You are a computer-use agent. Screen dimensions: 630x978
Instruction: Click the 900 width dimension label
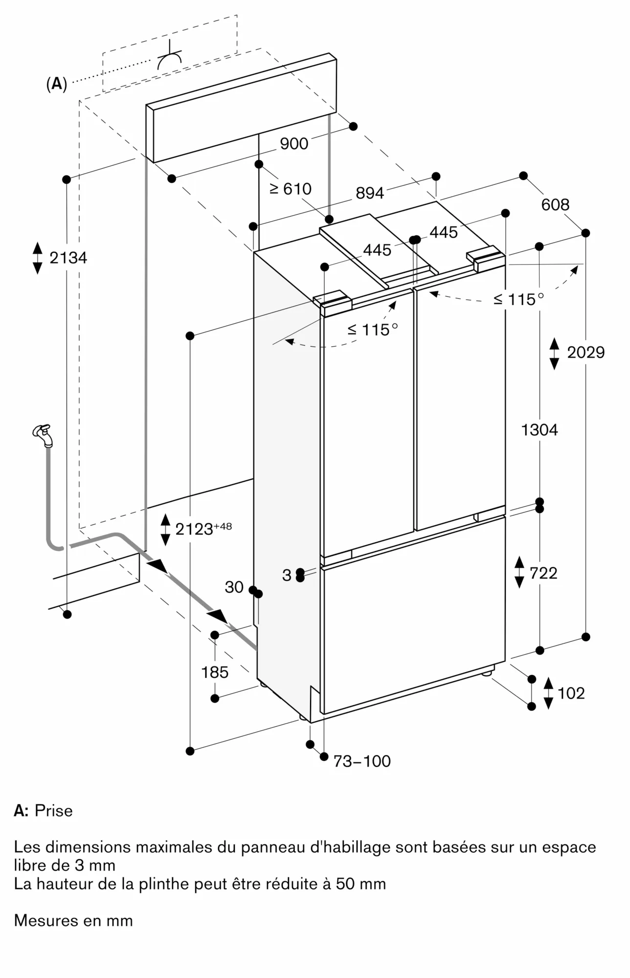[x=294, y=143]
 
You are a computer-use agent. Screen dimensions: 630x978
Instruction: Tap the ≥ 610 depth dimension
[x=291, y=188]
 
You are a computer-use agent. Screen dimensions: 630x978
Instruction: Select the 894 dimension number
[x=370, y=193]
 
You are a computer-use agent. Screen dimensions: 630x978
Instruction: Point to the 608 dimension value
[x=555, y=204]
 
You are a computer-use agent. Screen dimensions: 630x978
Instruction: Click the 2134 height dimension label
[x=68, y=257]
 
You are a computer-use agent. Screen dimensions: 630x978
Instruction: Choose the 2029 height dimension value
[x=585, y=352]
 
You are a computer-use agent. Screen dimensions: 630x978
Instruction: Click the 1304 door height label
[x=540, y=430]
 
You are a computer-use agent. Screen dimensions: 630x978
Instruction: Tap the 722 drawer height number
[x=543, y=573]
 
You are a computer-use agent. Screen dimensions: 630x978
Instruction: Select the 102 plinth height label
[x=571, y=693]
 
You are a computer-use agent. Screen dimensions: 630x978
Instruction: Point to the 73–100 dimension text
[x=362, y=761]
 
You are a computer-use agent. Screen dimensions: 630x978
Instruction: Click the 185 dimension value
[x=215, y=672]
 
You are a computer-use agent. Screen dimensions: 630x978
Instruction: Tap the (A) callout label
[x=56, y=84]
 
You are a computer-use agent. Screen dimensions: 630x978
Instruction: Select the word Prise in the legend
[x=54, y=810]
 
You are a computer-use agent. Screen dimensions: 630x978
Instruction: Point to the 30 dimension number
[x=234, y=587]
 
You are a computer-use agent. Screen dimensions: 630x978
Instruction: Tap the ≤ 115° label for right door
[x=518, y=299]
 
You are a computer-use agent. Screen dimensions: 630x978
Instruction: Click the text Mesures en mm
[x=73, y=920]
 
